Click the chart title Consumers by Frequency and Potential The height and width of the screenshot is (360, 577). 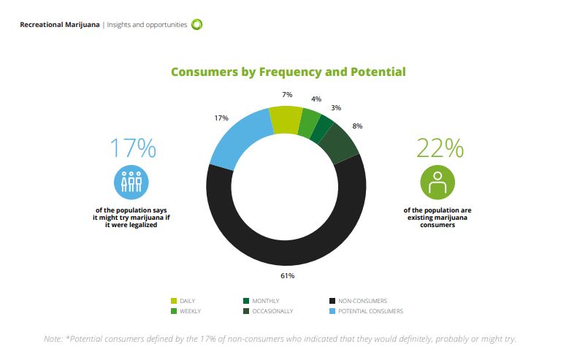288,72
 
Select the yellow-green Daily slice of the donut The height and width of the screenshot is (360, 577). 285,118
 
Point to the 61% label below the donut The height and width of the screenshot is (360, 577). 287,275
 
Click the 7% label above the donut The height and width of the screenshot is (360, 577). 286,95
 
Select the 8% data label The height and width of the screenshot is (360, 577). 356,126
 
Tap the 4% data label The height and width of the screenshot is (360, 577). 316,99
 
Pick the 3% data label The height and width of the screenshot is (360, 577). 335,107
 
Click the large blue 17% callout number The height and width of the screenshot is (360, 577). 132,148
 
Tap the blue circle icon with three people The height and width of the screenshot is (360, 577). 132,182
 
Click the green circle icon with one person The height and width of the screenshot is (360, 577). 437,182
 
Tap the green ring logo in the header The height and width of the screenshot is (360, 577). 196,25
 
